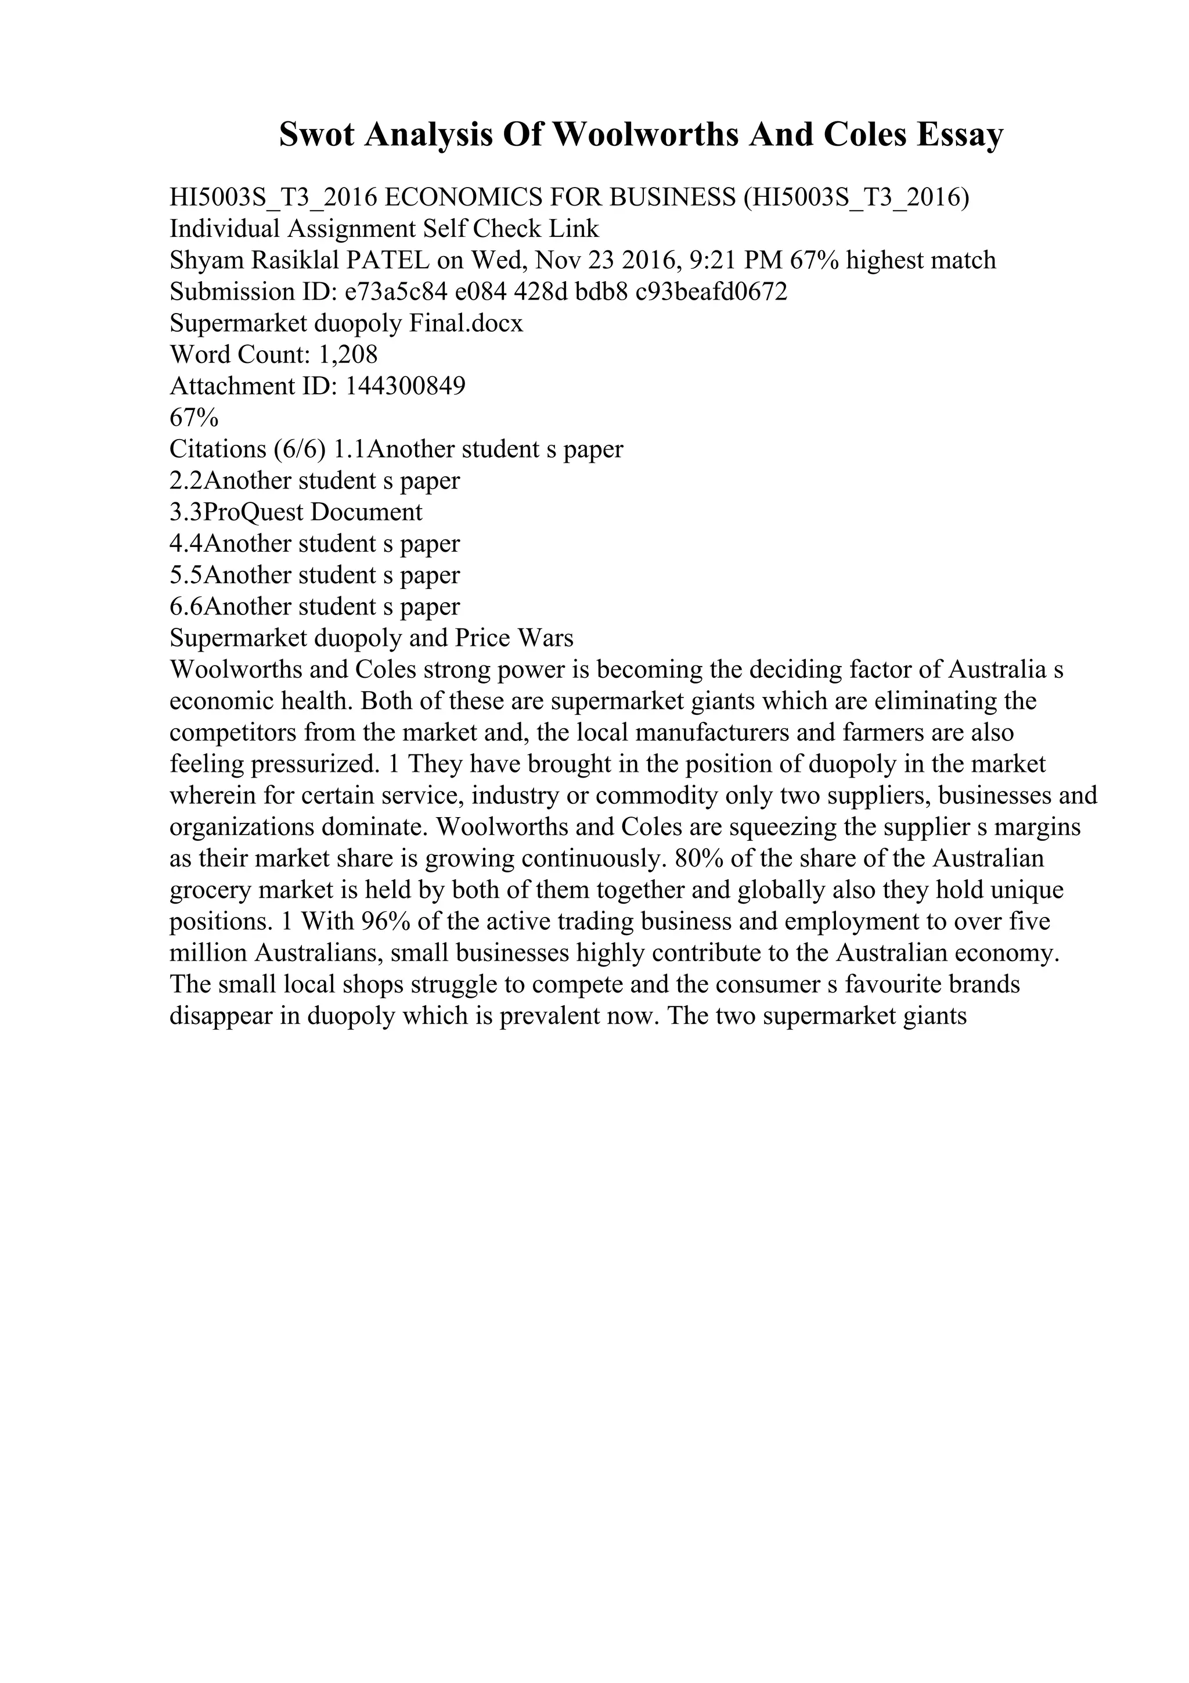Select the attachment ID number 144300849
[x=405, y=386]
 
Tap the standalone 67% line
[x=194, y=418]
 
